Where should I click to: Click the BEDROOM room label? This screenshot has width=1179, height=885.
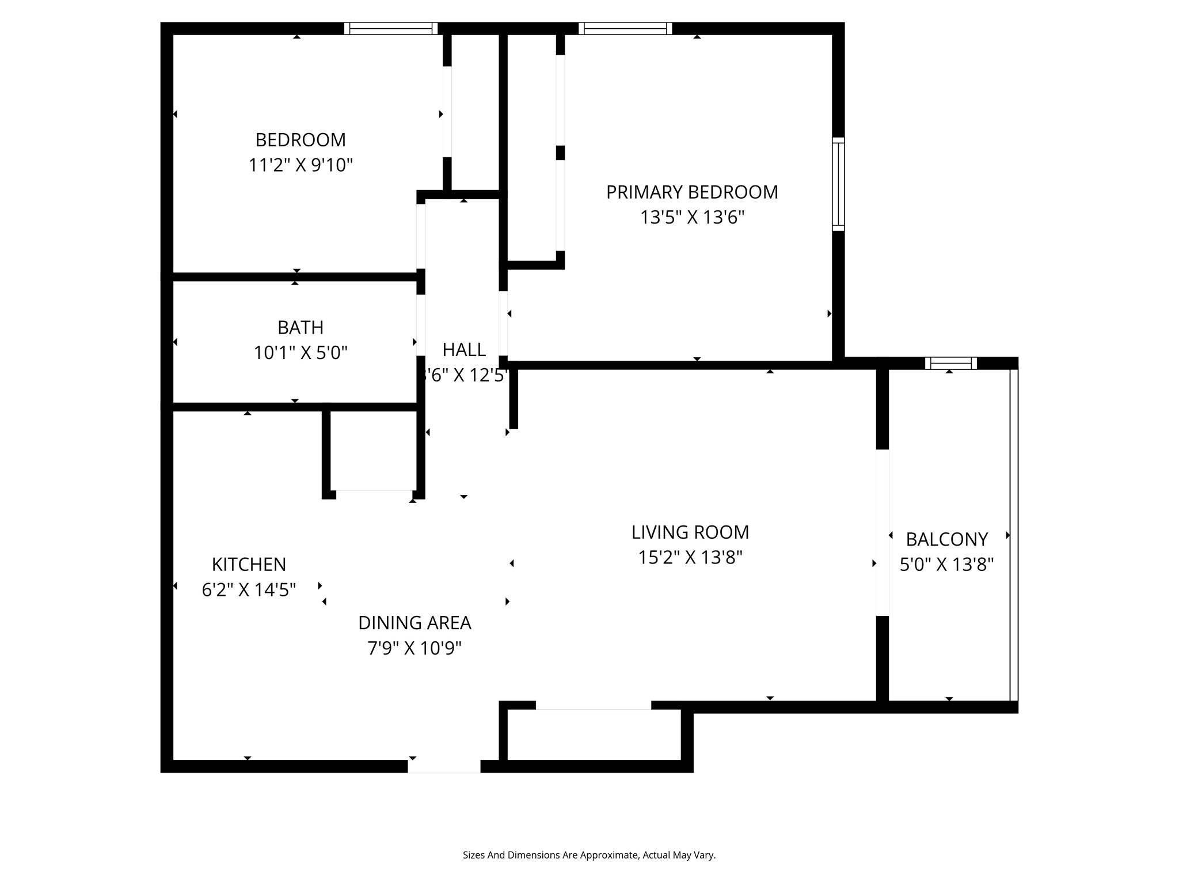[301, 140]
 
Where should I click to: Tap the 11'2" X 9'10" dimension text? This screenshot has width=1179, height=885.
[301, 165]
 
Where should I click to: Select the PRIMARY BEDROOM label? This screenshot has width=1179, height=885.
[692, 192]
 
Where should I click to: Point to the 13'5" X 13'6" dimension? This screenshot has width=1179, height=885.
[693, 217]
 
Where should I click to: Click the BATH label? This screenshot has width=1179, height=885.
[301, 327]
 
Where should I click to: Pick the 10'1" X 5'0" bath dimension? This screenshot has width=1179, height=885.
[301, 353]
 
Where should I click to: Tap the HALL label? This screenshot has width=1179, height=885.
[464, 350]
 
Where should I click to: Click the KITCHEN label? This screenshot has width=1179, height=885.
[249, 564]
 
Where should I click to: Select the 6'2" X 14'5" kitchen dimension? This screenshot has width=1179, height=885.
[249, 590]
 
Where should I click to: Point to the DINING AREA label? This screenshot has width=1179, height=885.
[414, 623]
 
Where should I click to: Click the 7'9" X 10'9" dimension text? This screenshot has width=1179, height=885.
[414, 649]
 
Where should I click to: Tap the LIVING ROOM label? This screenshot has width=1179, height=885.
[690, 532]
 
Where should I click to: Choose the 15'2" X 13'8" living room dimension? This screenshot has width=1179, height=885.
[690, 557]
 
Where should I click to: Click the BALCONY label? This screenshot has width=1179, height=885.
[947, 539]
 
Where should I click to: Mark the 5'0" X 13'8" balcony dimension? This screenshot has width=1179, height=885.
[947, 565]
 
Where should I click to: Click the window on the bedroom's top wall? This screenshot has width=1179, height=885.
[391, 28]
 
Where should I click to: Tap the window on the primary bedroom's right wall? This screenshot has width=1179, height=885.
[839, 184]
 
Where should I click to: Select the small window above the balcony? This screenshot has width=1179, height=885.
[951, 363]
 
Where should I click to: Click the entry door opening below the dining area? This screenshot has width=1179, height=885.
[444, 766]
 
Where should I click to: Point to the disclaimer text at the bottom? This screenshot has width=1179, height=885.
[589, 855]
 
